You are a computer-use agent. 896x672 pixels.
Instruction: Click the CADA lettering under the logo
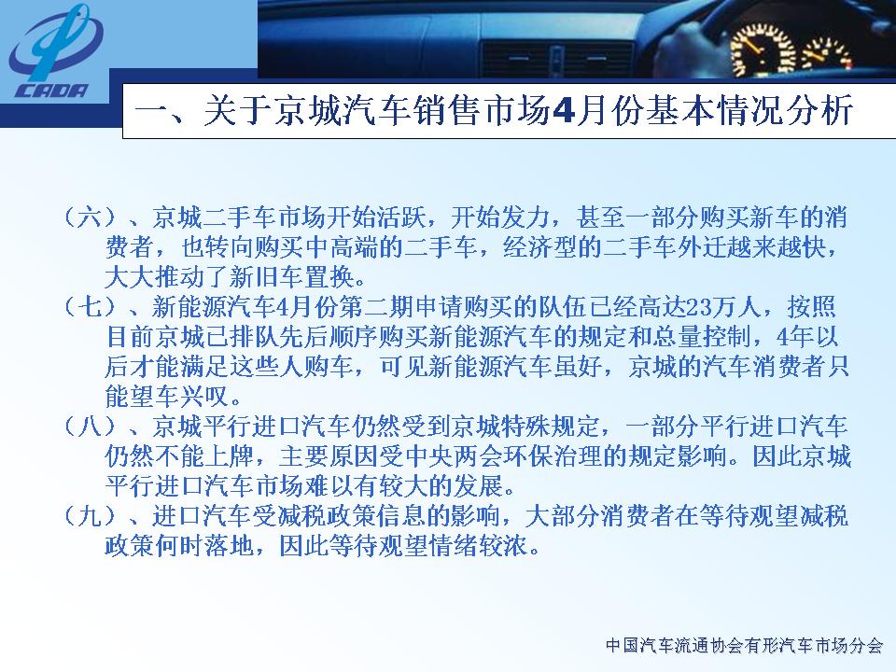[51, 91]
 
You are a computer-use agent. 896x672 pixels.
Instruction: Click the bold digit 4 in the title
[563, 111]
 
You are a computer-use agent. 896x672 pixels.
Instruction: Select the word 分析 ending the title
[820, 110]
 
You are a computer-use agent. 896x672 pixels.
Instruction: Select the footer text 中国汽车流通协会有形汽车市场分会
[745, 646]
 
